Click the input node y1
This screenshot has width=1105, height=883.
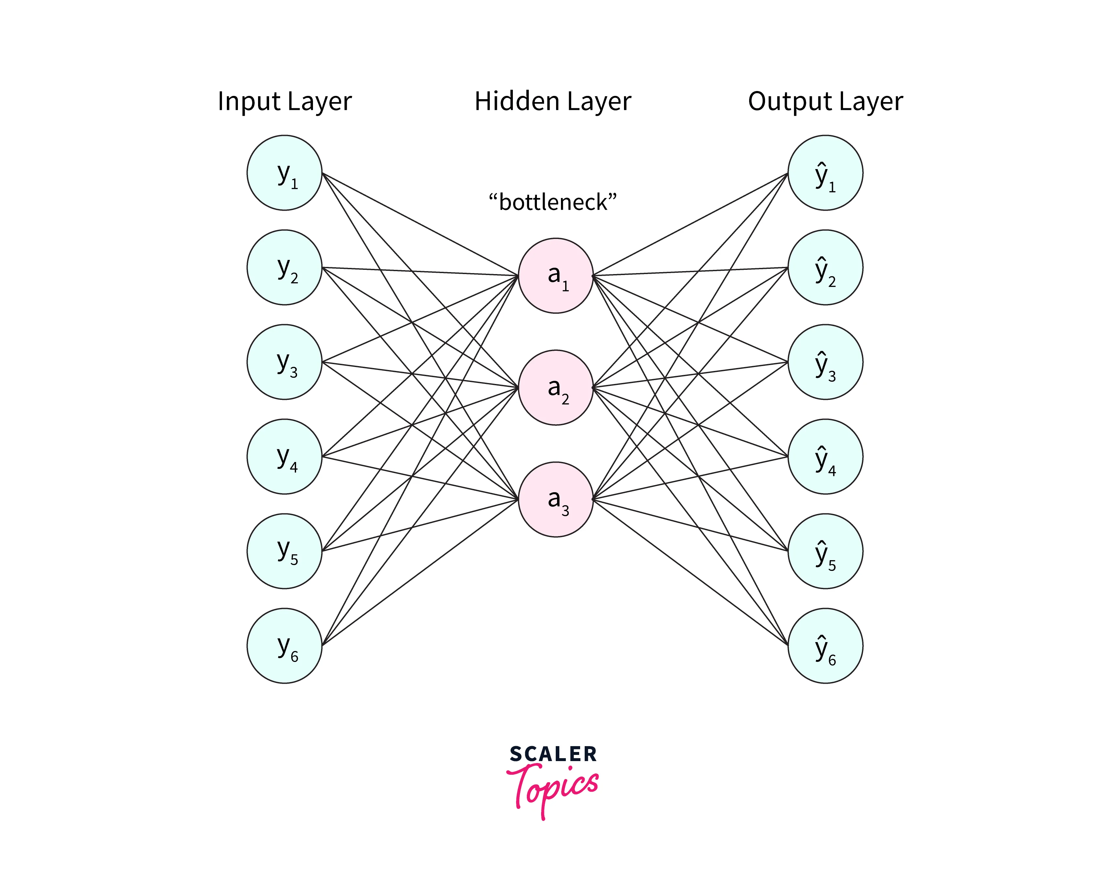point(284,173)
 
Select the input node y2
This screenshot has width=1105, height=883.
point(284,267)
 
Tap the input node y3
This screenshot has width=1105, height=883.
point(284,362)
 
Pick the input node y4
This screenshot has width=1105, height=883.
point(284,456)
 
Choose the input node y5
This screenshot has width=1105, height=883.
point(284,551)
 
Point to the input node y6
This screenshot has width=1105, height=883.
point(284,646)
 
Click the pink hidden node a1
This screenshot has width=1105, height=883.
point(555,275)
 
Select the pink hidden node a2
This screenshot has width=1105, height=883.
point(555,388)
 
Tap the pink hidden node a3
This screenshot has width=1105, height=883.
point(555,499)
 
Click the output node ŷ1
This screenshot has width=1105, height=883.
point(825,173)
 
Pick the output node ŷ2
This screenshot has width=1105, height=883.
point(825,267)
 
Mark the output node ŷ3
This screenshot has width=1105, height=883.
point(825,362)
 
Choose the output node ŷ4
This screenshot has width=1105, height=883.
point(825,456)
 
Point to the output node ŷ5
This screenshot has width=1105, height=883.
point(825,551)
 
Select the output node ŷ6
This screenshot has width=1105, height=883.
point(825,646)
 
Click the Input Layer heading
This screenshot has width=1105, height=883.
point(284,101)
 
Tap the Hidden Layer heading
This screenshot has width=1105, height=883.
point(552,101)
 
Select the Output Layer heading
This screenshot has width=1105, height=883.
point(825,101)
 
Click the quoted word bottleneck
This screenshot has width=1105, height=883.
point(552,202)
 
